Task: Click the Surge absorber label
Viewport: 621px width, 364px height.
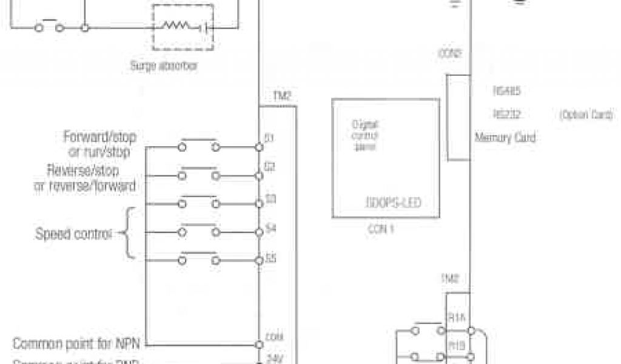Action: tap(164, 66)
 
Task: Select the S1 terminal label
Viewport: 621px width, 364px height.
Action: tap(270, 138)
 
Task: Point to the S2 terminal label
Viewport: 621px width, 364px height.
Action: tap(270, 165)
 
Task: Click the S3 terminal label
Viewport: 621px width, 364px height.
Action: tap(270, 198)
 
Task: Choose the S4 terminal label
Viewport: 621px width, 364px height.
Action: tap(270, 229)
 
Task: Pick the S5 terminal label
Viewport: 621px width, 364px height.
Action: tap(270, 258)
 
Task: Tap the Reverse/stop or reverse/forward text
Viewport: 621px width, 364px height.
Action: tap(85, 177)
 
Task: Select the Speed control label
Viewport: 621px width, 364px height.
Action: tap(74, 234)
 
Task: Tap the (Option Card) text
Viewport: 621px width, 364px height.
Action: tap(586, 114)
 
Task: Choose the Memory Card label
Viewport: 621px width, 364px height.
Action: tap(505, 138)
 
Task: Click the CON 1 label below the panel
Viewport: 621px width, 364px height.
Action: tap(381, 230)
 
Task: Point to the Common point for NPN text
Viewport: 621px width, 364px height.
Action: tap(76, 343)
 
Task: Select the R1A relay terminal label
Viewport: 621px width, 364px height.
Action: tap(455, 317)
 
